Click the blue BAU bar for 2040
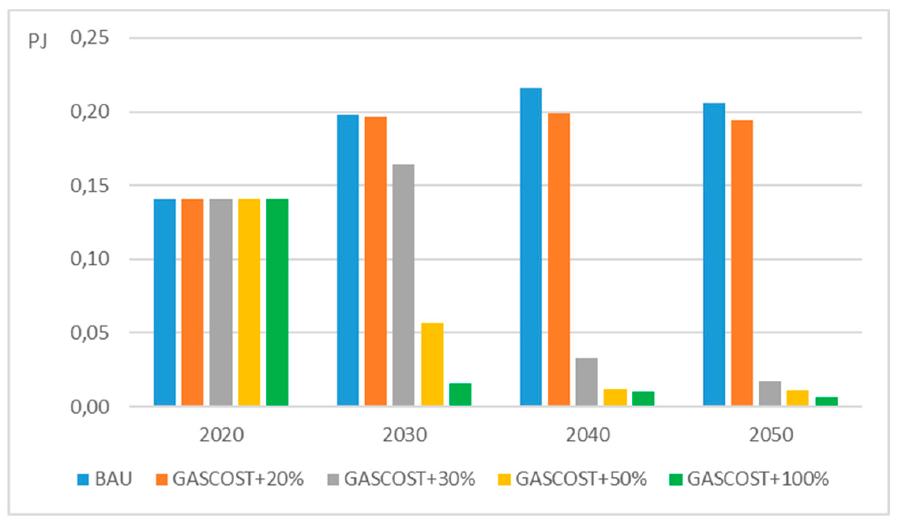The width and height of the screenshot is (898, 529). click(530, 247)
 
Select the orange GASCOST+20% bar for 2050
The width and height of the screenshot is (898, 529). click(742, 263)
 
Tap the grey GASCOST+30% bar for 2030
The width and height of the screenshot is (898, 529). click(403, 285)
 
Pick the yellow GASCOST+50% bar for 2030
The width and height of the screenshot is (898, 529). click(432, 364)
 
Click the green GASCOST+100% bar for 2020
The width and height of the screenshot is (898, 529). click(277, 302)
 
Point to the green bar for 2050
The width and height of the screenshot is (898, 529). click(826, 401)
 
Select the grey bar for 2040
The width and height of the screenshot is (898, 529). click(586, 381)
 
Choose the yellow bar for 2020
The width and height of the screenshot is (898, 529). click(249, 302)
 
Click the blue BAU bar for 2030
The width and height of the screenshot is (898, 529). click(348, 260)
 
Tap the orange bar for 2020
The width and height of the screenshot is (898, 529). click(192, 302)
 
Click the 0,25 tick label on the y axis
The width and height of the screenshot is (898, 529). click(89, 38)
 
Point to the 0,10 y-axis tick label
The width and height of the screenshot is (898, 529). click(89, 259)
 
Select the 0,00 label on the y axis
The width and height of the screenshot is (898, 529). click(89, 407)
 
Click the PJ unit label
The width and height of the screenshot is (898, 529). click(38, 41)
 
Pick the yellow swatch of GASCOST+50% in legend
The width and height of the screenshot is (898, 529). click(504, 480)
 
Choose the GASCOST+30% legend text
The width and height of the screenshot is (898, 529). click(409, 479)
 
